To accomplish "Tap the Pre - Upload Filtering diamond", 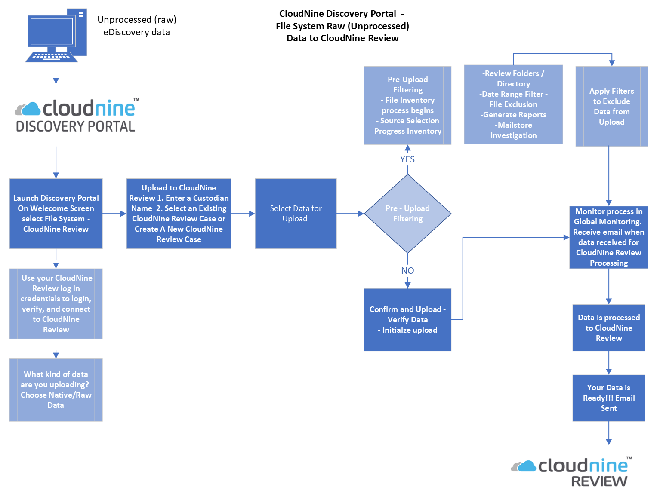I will pos(407,214).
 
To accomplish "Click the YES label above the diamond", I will pos(407,159).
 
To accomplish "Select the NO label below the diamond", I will pos(407,271).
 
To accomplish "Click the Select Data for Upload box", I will pos(296,214).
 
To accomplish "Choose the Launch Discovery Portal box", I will pos(56,214).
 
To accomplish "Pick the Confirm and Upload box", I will pos(407,320).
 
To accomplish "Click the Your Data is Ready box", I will pos(608,398).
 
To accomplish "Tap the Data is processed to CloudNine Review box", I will pos(608,328).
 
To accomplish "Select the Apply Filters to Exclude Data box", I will pos(611,107).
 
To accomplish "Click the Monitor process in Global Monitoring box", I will pos(608,237).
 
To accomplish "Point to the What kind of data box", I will pos(56,390).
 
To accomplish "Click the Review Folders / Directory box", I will pos(513,104).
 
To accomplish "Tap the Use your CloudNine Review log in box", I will pos(56,304).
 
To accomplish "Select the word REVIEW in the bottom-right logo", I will pos(599,481).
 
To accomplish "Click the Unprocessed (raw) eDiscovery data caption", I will pos(137,26).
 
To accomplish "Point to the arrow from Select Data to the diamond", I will pos(350,214).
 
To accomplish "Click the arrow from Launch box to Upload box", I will pos(114,214).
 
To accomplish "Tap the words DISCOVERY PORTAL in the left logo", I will pos(75,126).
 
